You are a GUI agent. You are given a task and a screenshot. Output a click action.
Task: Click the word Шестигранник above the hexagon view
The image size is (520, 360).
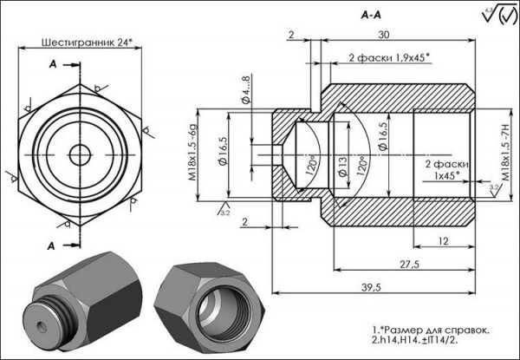pyautogui.click(x=75, y=41)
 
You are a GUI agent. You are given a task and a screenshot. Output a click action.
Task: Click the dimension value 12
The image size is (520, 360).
pyautogui.click(x=443, y=240)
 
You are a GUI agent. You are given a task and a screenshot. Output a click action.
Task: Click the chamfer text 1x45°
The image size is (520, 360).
pyautogui.click(x=450, y=175)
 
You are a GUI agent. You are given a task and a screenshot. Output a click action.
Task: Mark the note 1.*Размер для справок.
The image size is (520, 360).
pyautogui.click(x=430, y=331)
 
